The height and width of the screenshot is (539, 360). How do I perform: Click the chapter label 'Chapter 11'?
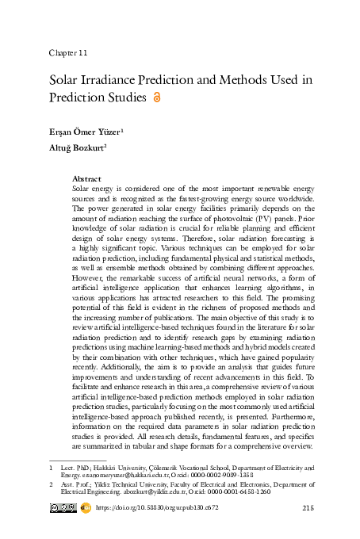click(68, 52)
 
